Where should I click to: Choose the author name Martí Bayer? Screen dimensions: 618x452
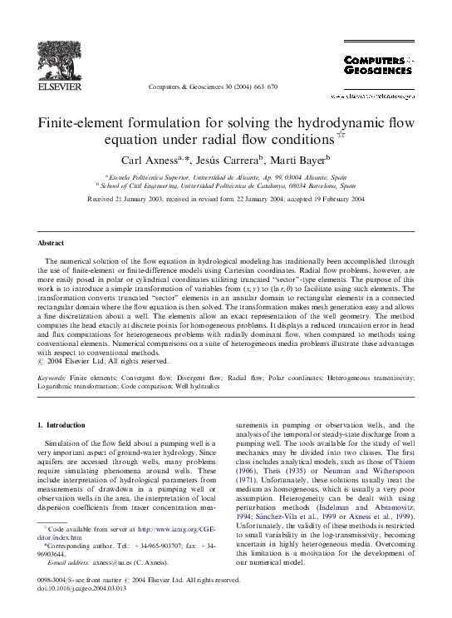(308, 158)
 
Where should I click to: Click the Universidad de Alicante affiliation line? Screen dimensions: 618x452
(225, 177)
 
